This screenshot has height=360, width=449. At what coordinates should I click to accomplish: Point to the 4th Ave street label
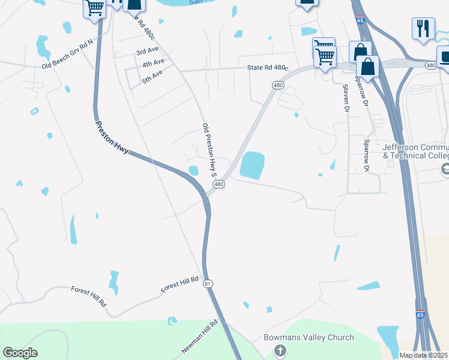[153, 62]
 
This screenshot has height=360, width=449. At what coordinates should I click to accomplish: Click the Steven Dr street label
[346, 98]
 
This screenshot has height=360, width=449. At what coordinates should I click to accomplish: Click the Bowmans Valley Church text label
[309, 337]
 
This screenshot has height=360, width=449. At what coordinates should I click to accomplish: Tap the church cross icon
[280, 350]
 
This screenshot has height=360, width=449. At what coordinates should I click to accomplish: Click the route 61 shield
[208, 283]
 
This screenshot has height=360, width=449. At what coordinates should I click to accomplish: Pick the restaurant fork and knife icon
[423, 28]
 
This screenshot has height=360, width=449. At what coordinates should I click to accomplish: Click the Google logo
[20, 353]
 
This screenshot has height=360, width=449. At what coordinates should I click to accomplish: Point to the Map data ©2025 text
[423, 355]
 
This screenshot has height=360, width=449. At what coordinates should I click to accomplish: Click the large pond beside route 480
[252, 164]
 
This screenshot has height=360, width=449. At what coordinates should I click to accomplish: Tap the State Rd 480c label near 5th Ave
[268, 69]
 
